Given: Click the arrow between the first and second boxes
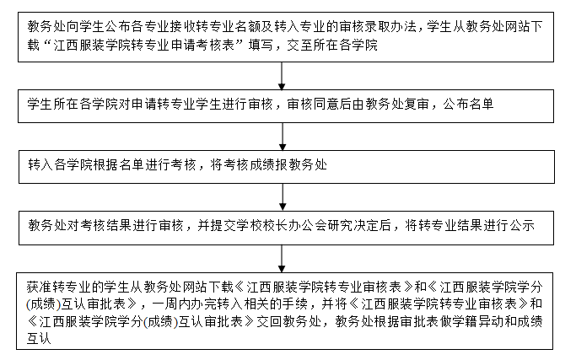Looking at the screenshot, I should click(x=283, y=74).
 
